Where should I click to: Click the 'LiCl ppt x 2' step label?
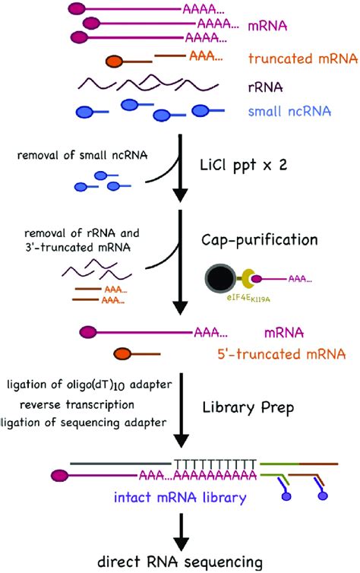[x=244, y=164]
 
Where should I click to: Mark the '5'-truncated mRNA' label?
[x=291, y=353]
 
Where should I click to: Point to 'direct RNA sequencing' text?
[x=179, y=562]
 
